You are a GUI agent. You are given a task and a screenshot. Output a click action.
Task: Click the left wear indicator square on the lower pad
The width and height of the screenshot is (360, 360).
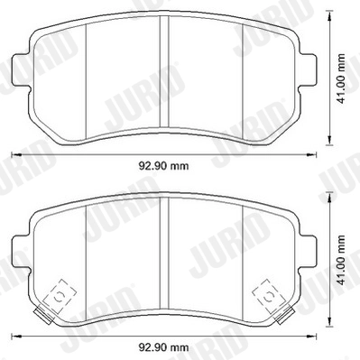tap(60, 295)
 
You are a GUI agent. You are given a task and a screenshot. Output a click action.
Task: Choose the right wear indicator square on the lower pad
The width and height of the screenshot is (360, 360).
tap(268, 295)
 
